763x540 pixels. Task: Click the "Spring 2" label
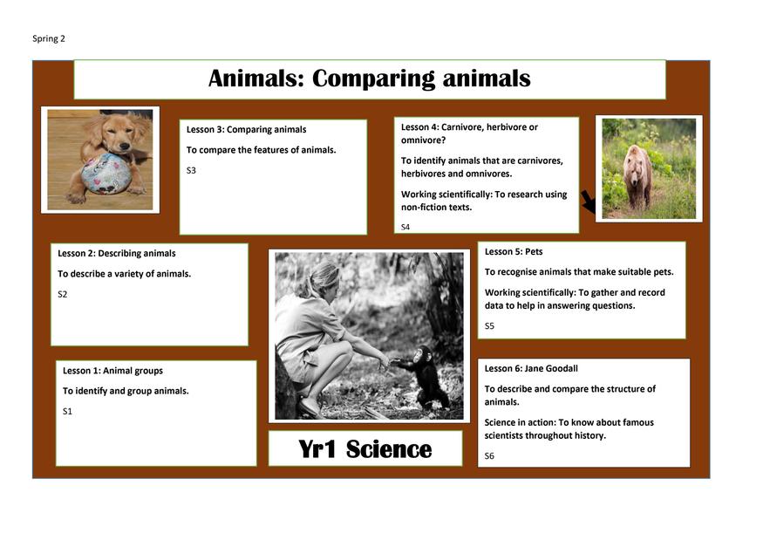49,38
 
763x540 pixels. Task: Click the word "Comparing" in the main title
373,79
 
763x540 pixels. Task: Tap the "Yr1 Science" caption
365,449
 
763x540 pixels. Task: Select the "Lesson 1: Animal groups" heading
112,371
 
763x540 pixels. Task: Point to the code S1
67,412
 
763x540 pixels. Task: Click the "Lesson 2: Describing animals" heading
117,253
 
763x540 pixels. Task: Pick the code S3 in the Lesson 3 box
191,170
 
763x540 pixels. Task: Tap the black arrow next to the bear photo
589,202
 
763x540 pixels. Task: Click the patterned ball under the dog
106,174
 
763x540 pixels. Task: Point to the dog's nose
125,146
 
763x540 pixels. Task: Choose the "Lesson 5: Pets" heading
514,252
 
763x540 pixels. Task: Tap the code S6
489,456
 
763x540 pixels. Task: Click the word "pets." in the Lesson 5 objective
663,272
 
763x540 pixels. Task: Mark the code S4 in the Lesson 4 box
405,227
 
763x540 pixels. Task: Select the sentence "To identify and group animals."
126,391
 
